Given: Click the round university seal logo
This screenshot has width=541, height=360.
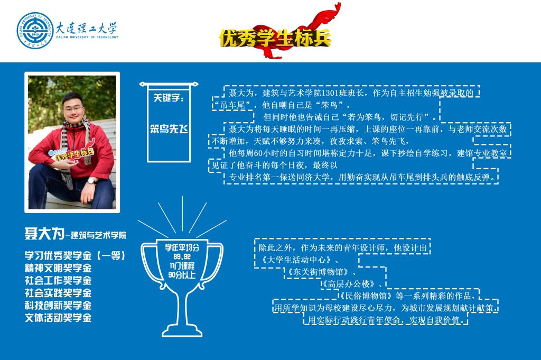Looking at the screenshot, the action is click(35, 31).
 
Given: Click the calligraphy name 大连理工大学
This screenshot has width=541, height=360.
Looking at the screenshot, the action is click(87, 28).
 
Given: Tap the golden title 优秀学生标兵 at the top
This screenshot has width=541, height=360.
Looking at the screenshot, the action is click(275, 38).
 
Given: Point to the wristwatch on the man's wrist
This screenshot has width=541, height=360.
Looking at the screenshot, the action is click(91, 180).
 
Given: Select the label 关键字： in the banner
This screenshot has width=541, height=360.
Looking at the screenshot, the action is click(169, 98).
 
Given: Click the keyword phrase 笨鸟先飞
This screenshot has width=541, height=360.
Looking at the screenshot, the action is click(169, 129).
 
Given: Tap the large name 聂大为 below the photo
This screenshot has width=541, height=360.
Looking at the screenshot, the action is click(44, 234).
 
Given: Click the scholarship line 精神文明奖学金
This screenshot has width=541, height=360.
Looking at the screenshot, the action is click(58, 268).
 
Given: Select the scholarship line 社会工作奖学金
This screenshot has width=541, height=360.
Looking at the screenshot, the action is click(58, 280).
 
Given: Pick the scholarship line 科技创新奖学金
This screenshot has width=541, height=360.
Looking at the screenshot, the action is click(58, 305).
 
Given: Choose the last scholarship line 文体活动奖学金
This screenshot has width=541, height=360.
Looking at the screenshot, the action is click(58, 318).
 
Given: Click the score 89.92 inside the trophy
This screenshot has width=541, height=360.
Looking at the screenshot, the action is click(182, 256).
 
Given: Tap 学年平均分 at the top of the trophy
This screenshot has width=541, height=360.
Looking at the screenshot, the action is click(182, 247).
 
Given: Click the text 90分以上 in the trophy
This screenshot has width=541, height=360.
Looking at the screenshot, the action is click(182, 275).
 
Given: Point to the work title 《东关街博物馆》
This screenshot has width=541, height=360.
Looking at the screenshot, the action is click(318, 272).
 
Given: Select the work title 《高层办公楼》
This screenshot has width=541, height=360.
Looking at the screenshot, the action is click(349, 284).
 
